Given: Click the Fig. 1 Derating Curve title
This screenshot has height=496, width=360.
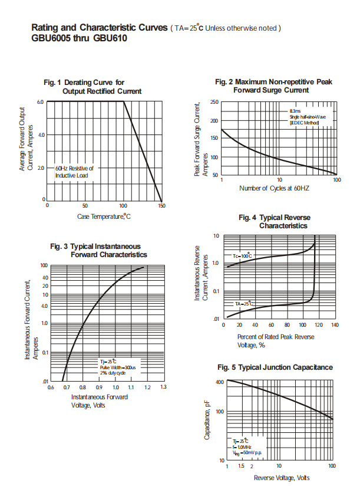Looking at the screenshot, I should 93,87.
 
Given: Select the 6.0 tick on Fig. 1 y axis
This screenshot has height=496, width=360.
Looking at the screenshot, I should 41,102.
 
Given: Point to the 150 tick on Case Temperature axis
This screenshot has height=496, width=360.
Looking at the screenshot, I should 161,206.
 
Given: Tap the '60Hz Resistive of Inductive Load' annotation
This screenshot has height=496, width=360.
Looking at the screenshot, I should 74,172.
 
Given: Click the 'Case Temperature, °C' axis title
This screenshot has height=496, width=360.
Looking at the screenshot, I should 104,216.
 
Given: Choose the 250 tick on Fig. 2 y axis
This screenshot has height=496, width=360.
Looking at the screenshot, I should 214,103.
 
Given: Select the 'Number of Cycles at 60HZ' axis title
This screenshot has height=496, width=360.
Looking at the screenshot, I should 274,188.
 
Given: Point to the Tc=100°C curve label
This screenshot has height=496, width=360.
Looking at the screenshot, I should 242,256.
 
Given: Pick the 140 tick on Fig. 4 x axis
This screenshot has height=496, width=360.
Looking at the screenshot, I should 335,325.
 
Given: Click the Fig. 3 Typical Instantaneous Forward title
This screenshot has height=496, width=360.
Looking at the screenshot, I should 104,250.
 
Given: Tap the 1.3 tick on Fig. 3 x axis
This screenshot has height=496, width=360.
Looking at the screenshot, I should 163,387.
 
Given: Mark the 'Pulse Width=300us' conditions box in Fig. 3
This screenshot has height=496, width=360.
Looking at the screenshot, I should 118,367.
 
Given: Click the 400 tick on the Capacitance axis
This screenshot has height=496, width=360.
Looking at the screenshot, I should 219,382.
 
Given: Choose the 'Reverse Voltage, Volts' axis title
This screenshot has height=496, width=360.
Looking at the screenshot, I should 282,477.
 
